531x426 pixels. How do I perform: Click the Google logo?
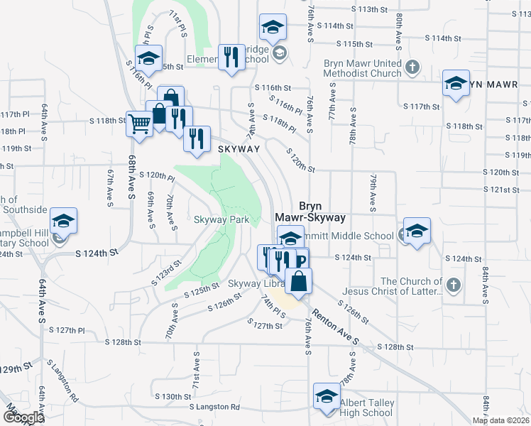point(23,417)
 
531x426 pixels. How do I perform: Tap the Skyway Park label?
point(221,220)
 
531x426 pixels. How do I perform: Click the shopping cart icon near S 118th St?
point(139,124)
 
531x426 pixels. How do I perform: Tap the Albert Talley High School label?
point(366,408)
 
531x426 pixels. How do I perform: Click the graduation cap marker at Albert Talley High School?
point(327,395)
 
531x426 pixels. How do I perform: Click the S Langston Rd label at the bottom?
point(214,407)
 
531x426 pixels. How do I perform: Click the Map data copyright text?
point(501,420)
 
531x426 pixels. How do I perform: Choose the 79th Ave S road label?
point(372,193)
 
